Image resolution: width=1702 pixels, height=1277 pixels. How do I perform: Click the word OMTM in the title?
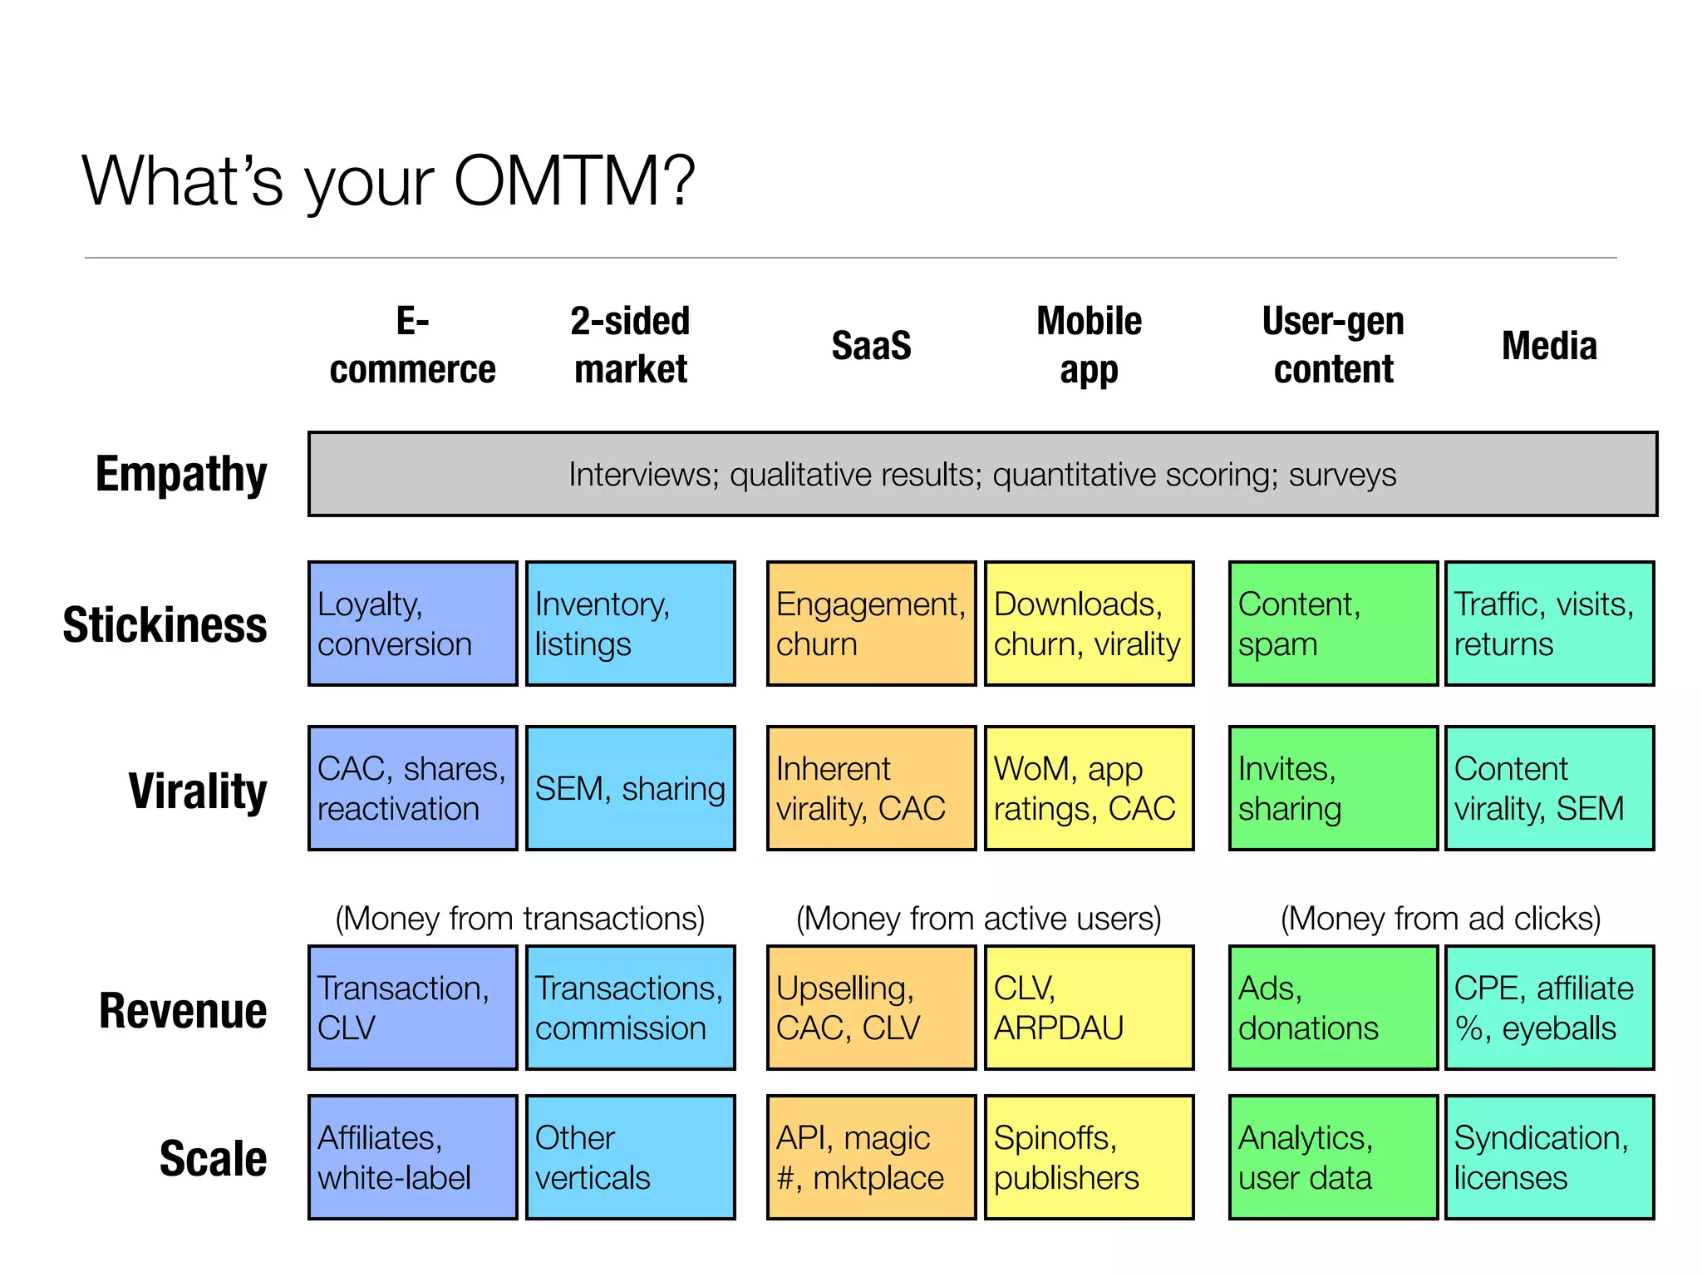(573, 180)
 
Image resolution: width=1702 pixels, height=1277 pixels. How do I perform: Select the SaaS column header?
(871, 346)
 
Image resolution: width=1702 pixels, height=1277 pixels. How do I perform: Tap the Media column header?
(1549, 346)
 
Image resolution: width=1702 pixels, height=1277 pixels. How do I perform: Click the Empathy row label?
(181, 474)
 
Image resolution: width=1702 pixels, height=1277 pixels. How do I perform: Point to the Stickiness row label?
(165, 625)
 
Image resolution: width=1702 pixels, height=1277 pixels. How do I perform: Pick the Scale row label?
(213, 1158)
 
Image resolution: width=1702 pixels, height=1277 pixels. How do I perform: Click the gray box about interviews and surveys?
(982, 474)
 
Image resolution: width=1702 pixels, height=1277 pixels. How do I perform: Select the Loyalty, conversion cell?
(412, 624)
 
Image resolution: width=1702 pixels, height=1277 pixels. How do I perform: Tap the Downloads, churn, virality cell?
(1089, 624)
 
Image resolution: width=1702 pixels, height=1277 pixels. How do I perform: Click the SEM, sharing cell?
(630, 788)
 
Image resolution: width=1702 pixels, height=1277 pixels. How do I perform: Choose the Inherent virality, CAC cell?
(871, 788)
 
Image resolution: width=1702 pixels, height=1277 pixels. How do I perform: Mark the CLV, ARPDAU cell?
(1089, 1008)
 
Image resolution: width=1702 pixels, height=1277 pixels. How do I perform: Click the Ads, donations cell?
(1333, 1008)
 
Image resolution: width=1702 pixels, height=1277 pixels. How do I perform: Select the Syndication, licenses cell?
(1549, 1157)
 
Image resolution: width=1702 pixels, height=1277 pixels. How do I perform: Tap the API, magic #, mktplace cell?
(871, 1157)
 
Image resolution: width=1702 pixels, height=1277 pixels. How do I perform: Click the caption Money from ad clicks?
(1440, 919)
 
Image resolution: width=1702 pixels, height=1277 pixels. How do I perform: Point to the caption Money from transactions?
(520, 919)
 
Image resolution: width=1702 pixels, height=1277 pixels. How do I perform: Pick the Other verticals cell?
(630, 1157)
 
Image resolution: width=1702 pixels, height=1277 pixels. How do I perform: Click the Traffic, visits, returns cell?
(1549, 624)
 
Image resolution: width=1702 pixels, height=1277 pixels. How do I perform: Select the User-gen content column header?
(1333, 345)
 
